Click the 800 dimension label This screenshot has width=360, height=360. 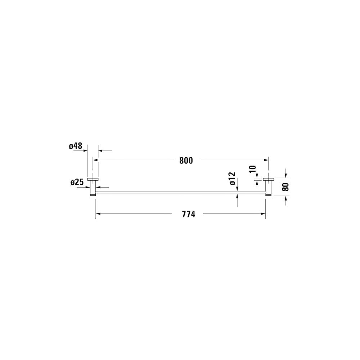click(186, 161)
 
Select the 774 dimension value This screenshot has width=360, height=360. click(189, 214)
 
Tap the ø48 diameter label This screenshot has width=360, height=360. click(75, 146)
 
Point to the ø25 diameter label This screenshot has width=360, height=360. click(77, 182)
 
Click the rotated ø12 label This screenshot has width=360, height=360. click(232, 178)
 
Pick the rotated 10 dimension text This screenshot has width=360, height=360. click(252, 169)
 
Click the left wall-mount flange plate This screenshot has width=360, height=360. click(93, 179)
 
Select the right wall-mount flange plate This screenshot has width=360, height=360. click(269, 179)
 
